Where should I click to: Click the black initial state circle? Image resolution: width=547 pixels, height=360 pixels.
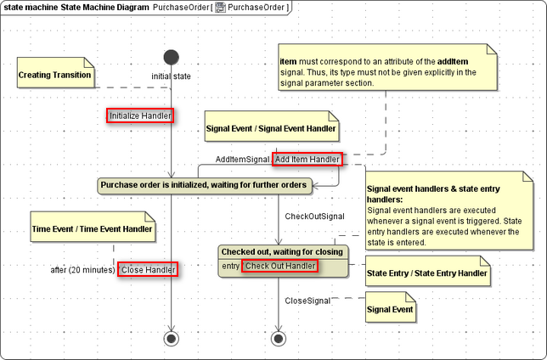171,58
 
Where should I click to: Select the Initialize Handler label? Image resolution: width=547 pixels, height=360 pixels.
140,115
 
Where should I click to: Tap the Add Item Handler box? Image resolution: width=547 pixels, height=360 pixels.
307,159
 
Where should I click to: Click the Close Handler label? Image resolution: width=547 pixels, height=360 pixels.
148,269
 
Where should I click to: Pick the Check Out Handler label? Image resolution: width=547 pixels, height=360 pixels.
280,267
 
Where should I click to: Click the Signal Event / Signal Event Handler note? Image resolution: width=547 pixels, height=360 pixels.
271,129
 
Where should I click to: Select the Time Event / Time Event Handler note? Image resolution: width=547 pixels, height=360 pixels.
92,228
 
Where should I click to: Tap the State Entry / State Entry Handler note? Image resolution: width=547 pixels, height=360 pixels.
426,273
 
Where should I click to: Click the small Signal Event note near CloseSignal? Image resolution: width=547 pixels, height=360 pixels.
389,310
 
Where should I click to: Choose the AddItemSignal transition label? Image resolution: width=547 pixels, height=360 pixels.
242,160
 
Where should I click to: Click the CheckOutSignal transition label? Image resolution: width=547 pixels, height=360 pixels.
314,217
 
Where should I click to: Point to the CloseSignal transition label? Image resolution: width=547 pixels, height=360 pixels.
307,301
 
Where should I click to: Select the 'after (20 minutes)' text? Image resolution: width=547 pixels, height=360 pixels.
82,270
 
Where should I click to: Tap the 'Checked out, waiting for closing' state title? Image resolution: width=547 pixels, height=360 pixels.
282,251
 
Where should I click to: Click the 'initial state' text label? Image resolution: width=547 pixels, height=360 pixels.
171,76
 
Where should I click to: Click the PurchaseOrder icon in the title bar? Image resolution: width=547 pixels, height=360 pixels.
220,8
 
